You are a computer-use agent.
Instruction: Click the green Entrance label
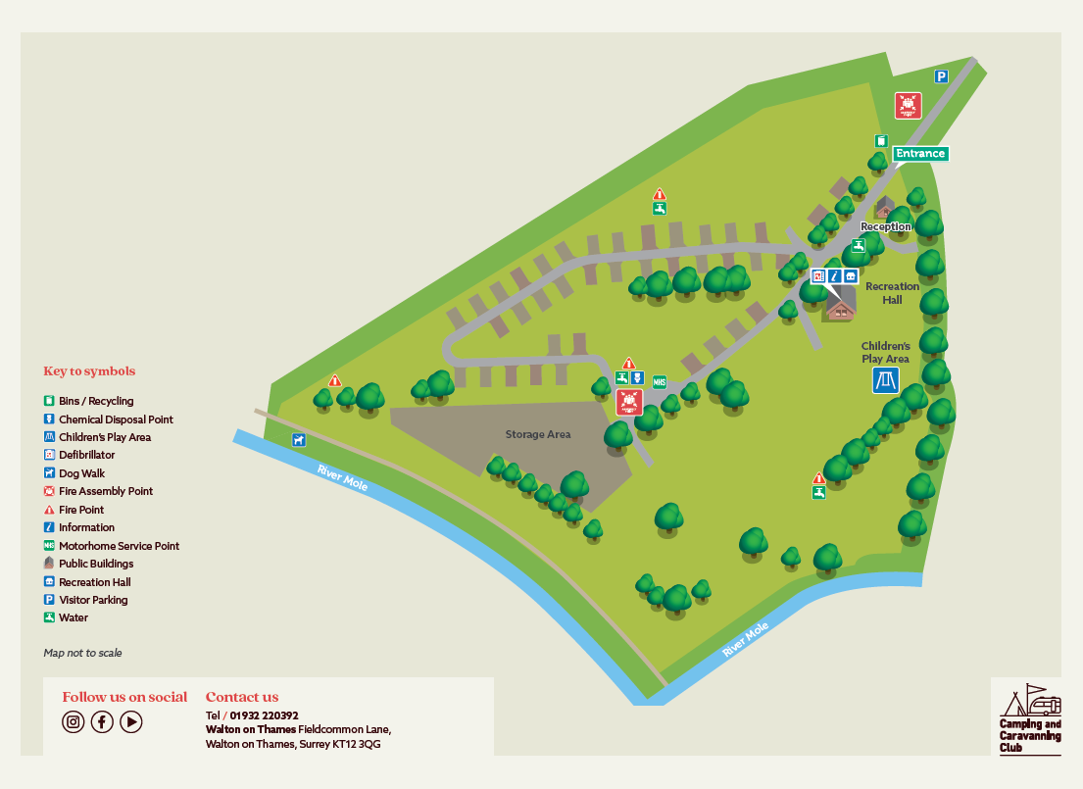tap(920, 153)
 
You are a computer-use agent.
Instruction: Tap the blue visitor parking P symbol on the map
tap(941, 76)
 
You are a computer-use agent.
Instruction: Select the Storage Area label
tap(538, 434)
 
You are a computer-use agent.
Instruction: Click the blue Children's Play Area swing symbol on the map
tap(886, 380)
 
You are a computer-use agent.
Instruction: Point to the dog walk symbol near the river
tap(298, 440)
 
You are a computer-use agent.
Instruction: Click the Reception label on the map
tap(885, 226)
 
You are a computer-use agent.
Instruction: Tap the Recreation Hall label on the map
tap(892, 293)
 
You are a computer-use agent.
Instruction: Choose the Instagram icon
tap(73, 722)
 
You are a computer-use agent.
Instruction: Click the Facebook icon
tap(102, 722)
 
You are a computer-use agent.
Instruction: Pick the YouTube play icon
tap(131, 722)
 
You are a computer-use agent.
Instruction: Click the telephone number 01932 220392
tap(264, 715)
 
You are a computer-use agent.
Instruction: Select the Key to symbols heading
tap(89, 371)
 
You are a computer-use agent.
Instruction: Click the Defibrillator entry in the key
tap(86, 455)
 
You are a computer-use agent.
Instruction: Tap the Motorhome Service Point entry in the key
tap(119, 546)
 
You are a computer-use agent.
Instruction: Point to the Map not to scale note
tap(82, 653)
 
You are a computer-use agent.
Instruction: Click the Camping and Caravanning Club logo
tap(1030, 718)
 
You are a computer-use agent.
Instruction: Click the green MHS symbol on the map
tap(660, 382)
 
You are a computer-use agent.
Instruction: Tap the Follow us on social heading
tap(124, 697)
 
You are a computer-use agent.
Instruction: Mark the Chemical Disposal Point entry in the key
tap(116, 419)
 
